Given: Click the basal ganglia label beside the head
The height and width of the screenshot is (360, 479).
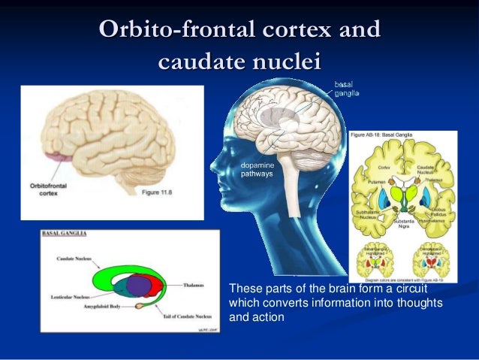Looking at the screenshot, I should pos(347,89).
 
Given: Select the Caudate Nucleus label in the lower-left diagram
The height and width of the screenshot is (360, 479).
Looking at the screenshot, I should pos(72,259).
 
